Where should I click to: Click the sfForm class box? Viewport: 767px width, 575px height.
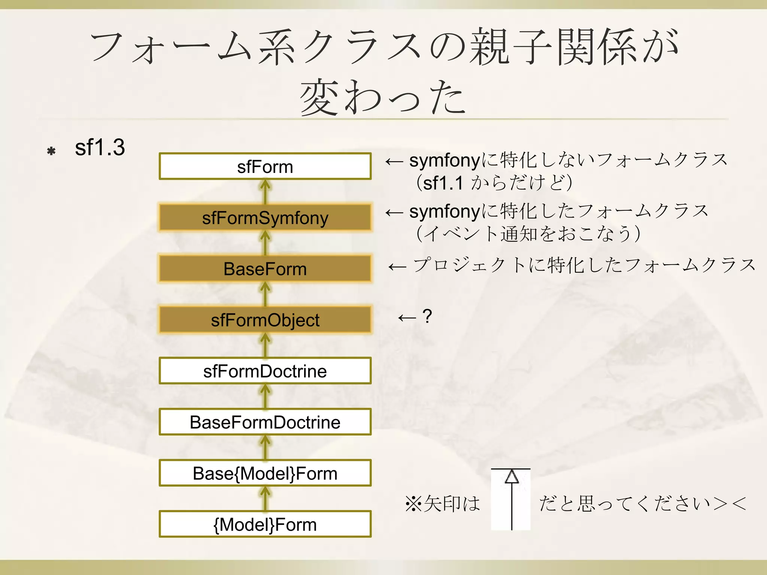[265, 166]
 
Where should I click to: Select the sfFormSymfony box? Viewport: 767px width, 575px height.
[265, 217]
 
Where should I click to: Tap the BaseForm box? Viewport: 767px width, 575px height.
[265, 269]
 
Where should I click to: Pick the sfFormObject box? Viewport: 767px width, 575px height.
[265, 320]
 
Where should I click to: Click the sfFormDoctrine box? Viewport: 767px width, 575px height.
[265, 371]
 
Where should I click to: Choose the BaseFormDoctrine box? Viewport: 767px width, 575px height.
[265, 422]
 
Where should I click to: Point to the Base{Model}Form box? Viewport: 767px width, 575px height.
[265, 473]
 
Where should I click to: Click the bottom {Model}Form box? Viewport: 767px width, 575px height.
[265, 524]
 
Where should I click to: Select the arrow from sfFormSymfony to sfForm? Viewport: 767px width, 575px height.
[265, 192]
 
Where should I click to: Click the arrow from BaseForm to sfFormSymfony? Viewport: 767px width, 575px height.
[265, 243]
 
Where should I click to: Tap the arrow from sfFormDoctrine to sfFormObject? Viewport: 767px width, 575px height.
[265, 345]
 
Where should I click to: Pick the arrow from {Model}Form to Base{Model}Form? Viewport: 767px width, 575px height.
[265, 499]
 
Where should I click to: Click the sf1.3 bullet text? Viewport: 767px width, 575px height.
[100, 147]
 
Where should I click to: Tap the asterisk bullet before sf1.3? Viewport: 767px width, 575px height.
[51, 151]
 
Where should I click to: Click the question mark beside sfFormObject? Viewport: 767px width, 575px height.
[427, 316]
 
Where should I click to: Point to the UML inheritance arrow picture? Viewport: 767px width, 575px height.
[511, 499]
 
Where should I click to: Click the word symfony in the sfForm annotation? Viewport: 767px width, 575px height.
[445, 161]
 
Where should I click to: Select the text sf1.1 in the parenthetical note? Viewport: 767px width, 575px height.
[443, 183]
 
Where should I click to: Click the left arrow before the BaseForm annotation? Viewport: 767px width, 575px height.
[397, 267]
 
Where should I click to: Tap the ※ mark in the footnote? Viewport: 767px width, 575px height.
[414, 503]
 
